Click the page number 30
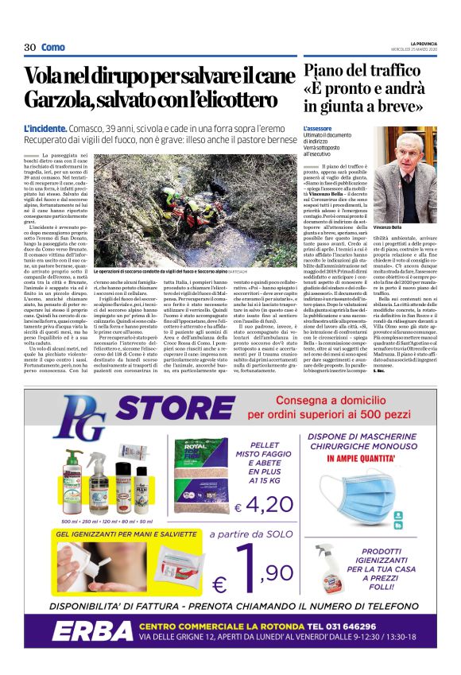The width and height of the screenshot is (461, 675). click(29, 47)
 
